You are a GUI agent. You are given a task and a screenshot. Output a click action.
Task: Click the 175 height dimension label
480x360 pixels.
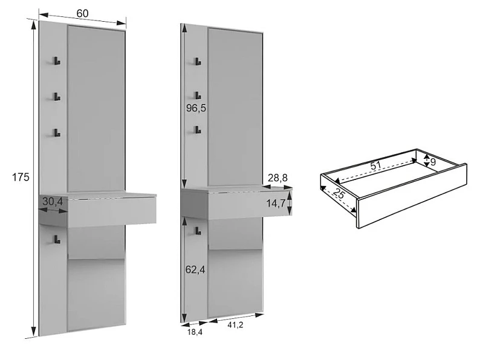click(21, 177)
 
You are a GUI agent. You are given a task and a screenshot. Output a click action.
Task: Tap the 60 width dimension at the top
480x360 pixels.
click(82, 13)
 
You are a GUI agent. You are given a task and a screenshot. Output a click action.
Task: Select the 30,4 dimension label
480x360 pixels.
click(53, 202)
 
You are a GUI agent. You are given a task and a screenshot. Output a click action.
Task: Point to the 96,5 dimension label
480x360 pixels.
click(196, 108)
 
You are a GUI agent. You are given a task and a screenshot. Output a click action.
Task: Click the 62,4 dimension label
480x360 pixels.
click(195, 270)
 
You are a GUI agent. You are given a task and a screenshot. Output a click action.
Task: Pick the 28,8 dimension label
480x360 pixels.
click(277, 178)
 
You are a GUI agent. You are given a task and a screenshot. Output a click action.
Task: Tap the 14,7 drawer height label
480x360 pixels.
click(276, 203)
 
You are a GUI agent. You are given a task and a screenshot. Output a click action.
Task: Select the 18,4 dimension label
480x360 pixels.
click(195, 332)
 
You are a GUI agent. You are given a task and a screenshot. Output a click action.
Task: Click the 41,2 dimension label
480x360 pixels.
click(235, 325)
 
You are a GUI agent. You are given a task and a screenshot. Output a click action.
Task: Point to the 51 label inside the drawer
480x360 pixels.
click(375, 166)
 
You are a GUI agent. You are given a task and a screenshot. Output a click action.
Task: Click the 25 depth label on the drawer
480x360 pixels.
click(339, 194)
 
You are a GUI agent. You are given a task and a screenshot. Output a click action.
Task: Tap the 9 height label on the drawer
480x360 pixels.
click(433, 162)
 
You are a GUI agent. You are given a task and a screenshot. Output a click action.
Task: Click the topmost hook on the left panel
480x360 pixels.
click(57, 61)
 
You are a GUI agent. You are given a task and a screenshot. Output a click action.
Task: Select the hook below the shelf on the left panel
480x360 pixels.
click(57, 239)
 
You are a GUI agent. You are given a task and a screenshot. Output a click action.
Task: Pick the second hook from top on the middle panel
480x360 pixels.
click(198, 95)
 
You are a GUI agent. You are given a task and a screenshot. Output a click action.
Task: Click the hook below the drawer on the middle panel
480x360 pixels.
click(198, 231)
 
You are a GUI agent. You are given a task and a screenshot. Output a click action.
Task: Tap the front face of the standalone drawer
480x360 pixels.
click(412, 196)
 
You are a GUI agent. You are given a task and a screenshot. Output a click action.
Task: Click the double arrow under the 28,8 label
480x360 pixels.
click(277, 187)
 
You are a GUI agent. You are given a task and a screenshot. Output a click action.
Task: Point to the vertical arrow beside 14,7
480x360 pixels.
click(290, 203)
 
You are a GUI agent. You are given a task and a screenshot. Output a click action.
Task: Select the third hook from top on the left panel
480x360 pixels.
click(57, 133)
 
